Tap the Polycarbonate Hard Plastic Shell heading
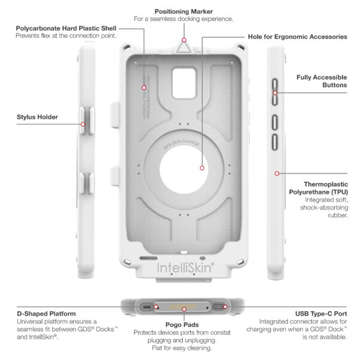66,27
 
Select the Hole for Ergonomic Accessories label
298,37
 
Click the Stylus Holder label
37,117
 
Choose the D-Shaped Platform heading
46,313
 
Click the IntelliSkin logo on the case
184,266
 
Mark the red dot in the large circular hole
203,169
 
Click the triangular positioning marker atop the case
184,46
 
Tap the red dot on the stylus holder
83,125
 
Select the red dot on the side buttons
275,92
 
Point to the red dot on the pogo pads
157,307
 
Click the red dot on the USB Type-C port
226,307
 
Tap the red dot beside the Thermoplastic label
277,173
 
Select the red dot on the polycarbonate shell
144,88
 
